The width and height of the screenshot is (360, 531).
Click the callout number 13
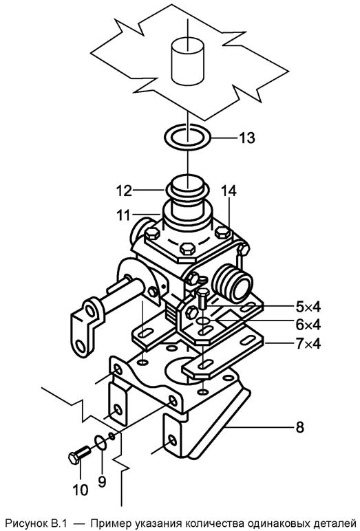[247, 138]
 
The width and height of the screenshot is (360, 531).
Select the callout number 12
[124, 191]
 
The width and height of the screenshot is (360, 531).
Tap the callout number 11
[123, 215]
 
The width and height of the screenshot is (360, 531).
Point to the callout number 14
[229, 191]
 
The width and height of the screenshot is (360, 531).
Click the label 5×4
[308, 307]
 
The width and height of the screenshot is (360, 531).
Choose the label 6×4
[308, 325]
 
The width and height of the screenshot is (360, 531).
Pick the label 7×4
[308, 344]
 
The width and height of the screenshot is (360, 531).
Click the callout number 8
[299, 427]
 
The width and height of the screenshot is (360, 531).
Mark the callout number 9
[102, 481]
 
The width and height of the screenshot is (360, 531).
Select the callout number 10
[81, 490]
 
